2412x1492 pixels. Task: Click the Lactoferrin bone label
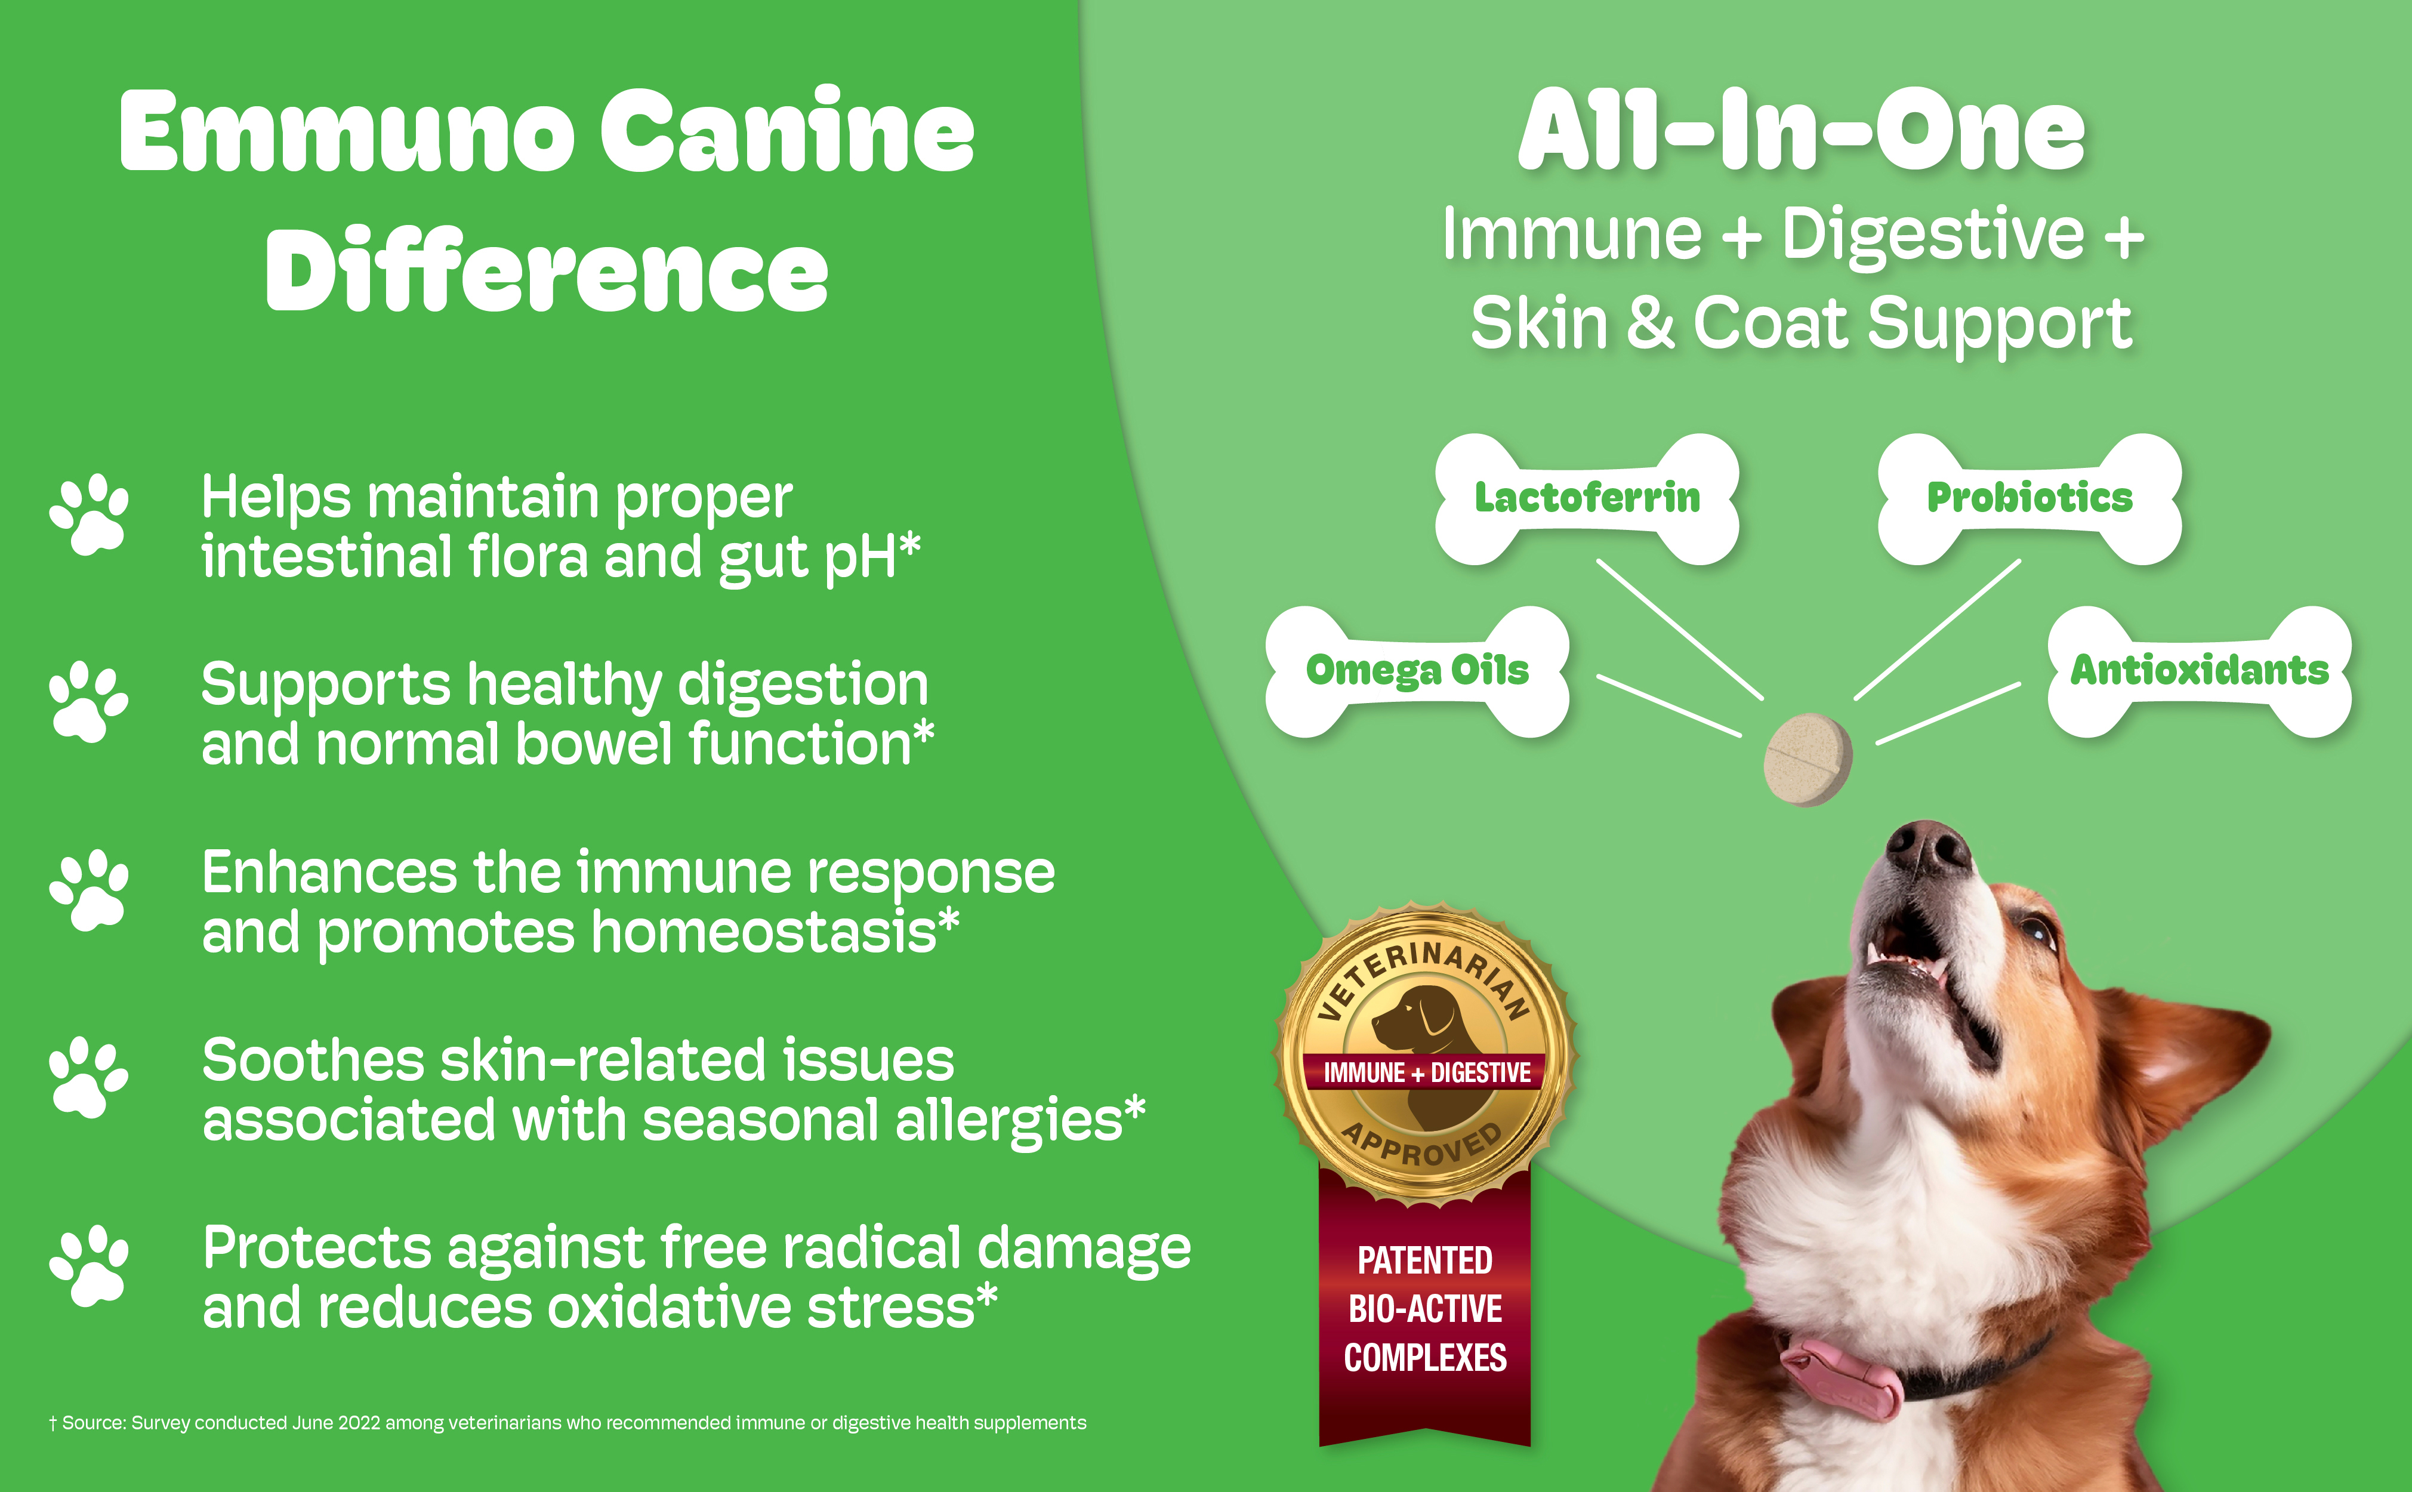coord(1586,498)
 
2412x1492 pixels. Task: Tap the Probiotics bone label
coord(2029,498)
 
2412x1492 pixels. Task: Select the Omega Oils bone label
coord(1417,671)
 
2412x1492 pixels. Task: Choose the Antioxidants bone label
coord(2199,671)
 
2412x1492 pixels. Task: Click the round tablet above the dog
coord(1808,759)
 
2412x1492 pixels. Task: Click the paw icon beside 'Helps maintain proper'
coord(89,514)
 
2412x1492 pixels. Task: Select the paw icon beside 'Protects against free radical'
coord(89,1266)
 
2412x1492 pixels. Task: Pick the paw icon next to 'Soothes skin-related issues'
coord(89,1078)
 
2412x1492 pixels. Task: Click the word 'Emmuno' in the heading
coord(346,131)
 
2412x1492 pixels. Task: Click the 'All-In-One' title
coord(1802,130)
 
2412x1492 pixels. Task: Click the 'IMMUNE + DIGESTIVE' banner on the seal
coord(1426,1072)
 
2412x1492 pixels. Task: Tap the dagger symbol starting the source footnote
coord(53,1423)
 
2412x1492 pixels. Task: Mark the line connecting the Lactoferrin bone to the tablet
coord(1680,630)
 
